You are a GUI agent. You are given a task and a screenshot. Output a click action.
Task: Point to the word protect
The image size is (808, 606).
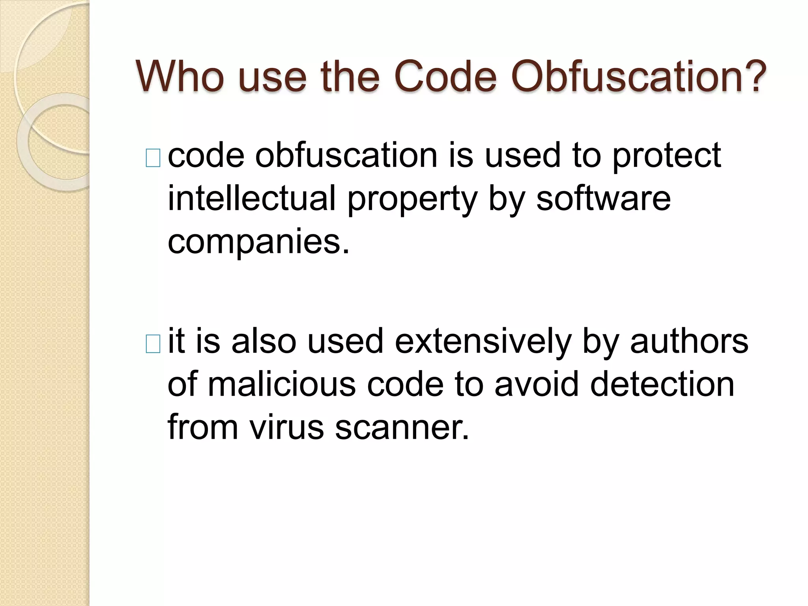667,156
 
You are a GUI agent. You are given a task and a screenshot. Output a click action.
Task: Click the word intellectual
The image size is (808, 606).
252,198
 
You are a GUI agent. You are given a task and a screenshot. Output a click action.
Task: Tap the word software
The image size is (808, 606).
603,198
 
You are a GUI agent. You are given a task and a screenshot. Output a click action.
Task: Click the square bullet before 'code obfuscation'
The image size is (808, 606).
153,158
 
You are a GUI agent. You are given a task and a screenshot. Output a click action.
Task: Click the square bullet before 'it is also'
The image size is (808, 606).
153,344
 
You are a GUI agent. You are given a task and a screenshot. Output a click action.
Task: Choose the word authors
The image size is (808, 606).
689,341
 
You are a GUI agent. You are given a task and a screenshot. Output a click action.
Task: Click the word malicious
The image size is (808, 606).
282,384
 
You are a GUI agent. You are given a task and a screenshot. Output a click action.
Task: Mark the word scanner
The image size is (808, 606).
402,428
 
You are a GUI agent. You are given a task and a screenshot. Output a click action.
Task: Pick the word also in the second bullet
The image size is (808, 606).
264,341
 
